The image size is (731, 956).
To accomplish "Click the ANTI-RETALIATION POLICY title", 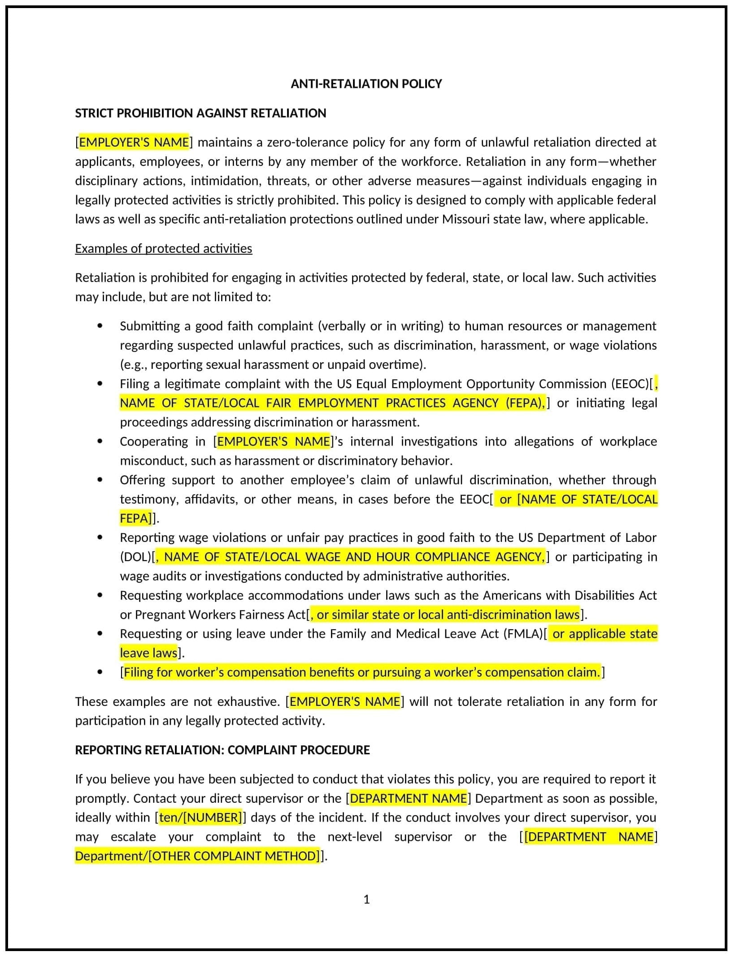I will pos(366,84).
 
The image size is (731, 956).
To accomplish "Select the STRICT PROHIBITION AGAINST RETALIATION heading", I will pos(200,113).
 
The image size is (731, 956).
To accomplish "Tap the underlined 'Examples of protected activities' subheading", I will pos(163,248).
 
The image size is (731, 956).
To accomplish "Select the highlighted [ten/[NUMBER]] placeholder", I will pos(200,817).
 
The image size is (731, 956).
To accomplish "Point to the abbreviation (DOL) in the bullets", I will pos(136,557).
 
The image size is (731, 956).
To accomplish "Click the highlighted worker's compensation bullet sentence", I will pos(361,672).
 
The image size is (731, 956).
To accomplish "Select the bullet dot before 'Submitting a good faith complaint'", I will pos(100,326).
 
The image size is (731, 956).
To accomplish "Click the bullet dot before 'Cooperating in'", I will pos(100,441).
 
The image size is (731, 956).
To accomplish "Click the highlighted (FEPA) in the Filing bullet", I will pos(525,403).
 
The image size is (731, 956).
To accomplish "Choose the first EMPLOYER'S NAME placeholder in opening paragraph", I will pos(134,143).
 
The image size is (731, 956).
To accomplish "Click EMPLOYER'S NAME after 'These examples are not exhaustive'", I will pos(344,701).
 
